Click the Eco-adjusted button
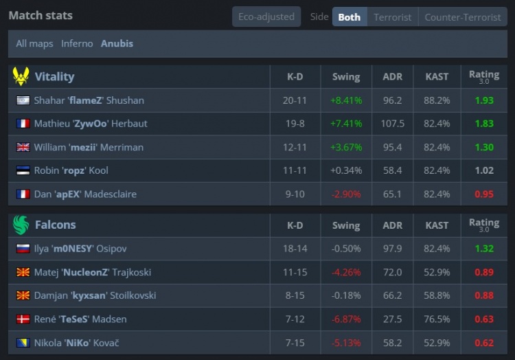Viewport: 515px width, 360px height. tap(266, 16)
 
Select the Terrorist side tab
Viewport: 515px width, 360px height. tap(392, 17)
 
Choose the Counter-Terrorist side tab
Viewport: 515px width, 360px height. tap(462, 17)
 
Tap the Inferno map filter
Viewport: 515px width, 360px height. tap(77, 43)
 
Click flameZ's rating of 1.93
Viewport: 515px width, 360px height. tap(484, 100)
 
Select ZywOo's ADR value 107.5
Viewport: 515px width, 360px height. tap(392, 124)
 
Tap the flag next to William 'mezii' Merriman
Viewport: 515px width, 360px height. tap(23, 147)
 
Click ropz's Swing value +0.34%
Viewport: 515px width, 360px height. tap(345, 170)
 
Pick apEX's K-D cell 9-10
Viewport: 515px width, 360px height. tap(295, 194)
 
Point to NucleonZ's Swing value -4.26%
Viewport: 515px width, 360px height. tap(345, 272)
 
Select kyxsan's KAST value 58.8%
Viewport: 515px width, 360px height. tap(437, 295)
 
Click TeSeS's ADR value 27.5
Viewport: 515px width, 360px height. tap(392, 319)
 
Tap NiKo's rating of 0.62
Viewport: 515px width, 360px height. tap(484, 342)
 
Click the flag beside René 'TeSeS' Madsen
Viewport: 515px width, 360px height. tap(23, 319)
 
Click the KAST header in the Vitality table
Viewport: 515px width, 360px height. tap(437, 77)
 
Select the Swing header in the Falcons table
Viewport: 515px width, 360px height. tap(345, 225)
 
